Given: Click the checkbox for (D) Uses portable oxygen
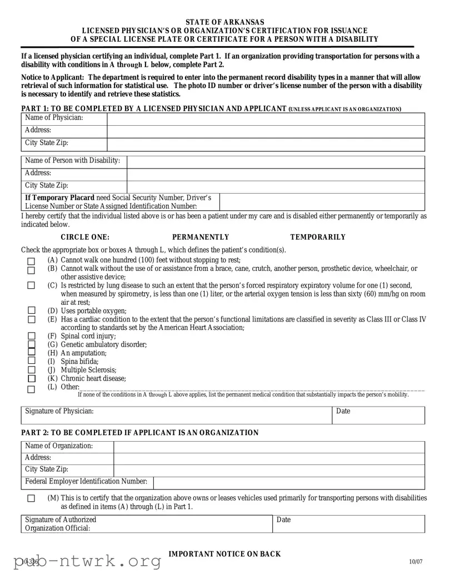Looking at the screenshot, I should tap(31, 310).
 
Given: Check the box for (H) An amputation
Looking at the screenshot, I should tap(31, 353).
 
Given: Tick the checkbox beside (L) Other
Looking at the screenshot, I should tap(31, 388).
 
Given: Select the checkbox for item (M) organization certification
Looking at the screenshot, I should tap(31, 498).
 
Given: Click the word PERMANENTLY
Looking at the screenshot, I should tap(200, 237).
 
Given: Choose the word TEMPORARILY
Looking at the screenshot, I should tap(317, 237).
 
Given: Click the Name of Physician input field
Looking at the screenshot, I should tap(266, 118).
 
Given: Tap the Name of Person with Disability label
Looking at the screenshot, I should tap(73, 161).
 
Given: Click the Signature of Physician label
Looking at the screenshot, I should tap(59, 411).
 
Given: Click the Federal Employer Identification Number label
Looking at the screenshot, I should tap(86, 481).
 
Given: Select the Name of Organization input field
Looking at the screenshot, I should tap(269, 446).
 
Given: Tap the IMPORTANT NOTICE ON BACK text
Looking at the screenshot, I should tap(224, 554).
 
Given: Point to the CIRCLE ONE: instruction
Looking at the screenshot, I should tap(85, 237).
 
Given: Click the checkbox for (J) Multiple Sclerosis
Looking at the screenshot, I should tap(31, 370).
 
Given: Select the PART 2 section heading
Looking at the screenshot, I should tap(139, 433).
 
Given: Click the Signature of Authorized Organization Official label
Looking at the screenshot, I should tap(61, 523).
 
